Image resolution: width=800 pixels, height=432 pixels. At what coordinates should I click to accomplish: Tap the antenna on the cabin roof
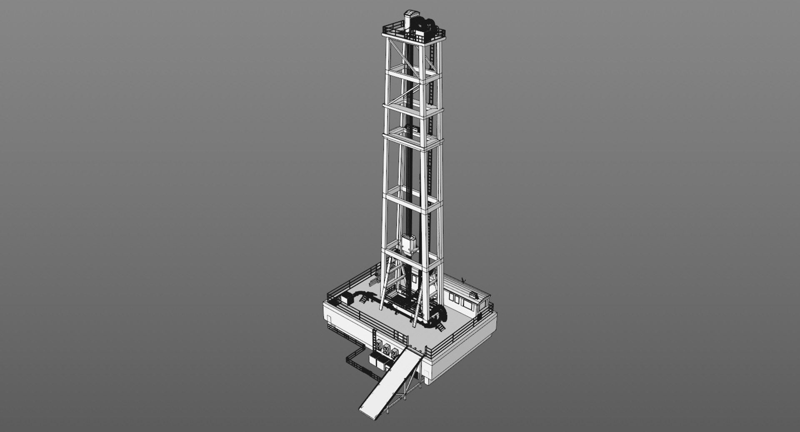click(463, 280)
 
